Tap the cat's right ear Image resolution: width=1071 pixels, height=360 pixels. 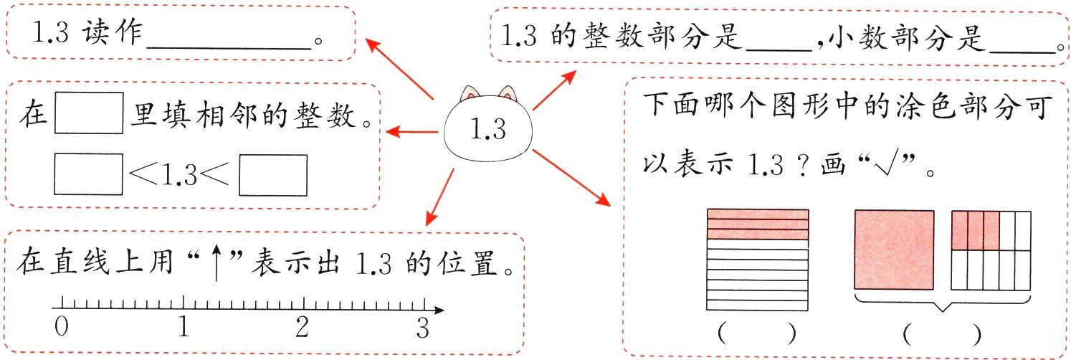[508, 93]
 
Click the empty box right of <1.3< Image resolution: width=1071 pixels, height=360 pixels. [272, 176]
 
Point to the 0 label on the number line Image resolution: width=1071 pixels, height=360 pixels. [62, 328]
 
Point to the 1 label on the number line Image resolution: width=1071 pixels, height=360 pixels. [184, 328]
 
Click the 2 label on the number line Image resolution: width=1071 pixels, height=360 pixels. [302, 328]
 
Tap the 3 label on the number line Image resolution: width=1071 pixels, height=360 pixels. [422, 328]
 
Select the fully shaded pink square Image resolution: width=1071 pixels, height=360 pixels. [894, 249]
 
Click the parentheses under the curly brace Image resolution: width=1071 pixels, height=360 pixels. [942, 333]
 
